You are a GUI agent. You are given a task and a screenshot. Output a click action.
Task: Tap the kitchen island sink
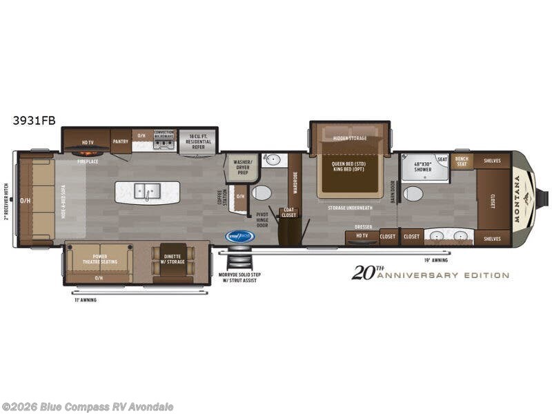[x=147, y=191]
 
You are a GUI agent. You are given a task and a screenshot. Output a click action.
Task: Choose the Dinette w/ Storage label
[x=173, y=258]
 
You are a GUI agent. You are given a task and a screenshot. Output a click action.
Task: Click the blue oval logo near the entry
[x=240, y=236]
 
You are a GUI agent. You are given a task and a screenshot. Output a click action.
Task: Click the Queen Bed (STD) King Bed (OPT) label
[x=347, y=167]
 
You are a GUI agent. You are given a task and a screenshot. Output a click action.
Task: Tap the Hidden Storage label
[x=350, y=138]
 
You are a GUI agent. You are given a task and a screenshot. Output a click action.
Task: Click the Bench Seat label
[x=461, y=161]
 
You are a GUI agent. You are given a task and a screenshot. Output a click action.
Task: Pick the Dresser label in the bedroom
[x=364, y=226]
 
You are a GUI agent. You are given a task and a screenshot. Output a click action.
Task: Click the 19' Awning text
[x=436, y=260]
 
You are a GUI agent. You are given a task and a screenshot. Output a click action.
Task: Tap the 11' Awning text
[x=86, y=299]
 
